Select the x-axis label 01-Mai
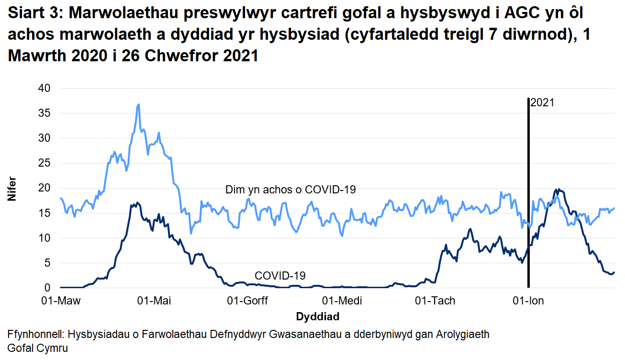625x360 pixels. click(x=154, y=301)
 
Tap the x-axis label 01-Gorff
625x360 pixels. click(x=248, y=301)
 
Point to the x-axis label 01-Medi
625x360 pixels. click(x=342, y=301)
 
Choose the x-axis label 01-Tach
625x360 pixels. click(x=435, y=301)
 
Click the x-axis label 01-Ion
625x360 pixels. click(x=528, y=301)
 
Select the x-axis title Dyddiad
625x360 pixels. click(x=318, y=316)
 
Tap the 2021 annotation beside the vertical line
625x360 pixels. click(x=542, y=102)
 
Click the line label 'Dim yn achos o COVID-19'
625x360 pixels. click(x=290, y=190)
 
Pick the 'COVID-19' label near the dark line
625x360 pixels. click(x=280, y=276)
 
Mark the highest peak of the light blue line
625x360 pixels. click(x=138, y=104)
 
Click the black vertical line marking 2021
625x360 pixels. click(x=528, y=191)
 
